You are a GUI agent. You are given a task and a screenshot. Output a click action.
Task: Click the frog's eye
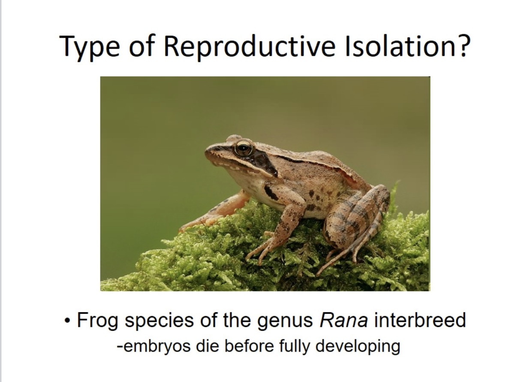[x=243, y=148]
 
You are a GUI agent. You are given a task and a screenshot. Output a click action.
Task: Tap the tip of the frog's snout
[x=207, y=150]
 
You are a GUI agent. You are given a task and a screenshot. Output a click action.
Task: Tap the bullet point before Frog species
[x=67, y=321]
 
